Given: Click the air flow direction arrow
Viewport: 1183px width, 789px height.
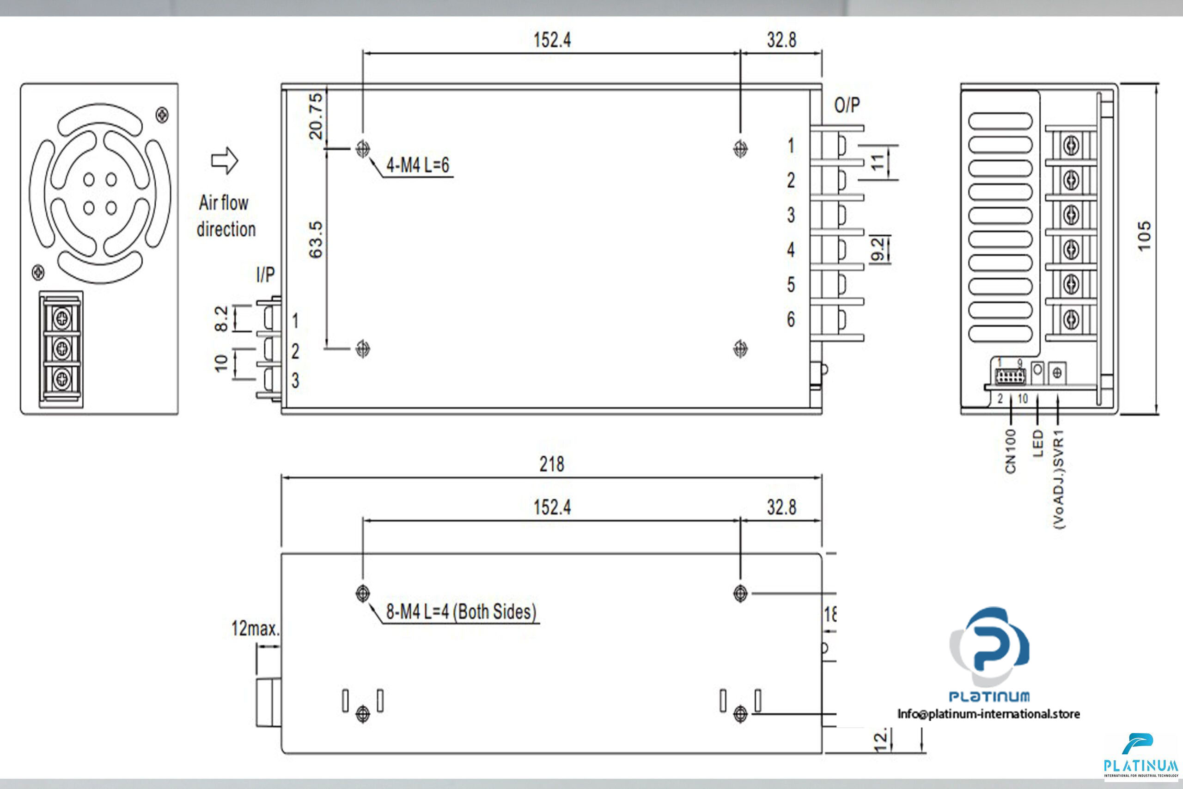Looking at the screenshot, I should (224, 161).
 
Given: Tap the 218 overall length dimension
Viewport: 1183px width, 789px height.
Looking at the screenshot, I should (552, 464).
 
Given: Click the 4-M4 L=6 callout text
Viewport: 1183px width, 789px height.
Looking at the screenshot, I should (417, 165).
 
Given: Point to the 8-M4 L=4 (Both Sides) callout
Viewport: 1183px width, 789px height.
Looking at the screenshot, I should (461, 612).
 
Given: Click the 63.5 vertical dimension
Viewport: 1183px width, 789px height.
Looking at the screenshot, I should (316, 239).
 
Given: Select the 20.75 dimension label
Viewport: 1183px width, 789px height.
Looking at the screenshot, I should (316, 116).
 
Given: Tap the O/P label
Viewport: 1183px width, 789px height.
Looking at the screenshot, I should (847, 105).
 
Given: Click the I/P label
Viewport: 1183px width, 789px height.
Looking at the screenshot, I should (266, 275).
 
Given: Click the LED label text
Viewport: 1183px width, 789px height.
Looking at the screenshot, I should (1037, 443).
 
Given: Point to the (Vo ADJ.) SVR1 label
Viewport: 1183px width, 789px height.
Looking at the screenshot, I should (1058, 478).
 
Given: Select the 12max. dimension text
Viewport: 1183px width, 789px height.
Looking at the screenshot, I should (255, 629).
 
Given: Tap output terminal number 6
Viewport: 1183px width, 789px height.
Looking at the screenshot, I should (791, 319).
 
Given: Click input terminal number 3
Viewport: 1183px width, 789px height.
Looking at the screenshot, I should (295, 380).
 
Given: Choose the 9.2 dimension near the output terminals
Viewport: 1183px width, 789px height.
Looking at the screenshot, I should (877, 249).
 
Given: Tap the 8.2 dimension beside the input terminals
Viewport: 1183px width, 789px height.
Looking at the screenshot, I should (221, 318).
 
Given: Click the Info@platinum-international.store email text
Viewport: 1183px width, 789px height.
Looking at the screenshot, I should (988, 714).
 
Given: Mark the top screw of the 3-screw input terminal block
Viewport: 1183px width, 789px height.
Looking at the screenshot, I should (62, 318).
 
